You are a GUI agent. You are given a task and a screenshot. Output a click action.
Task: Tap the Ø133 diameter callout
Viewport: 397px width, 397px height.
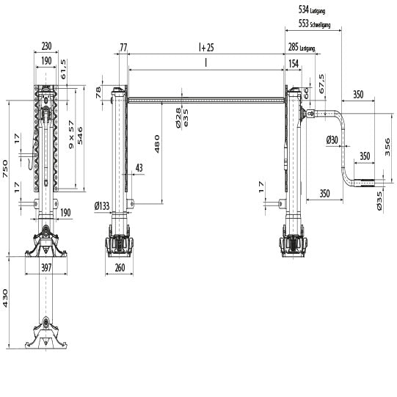103,207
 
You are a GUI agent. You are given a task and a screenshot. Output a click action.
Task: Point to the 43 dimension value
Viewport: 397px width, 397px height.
139,168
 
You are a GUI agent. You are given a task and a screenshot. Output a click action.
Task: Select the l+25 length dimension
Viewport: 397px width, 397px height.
206,47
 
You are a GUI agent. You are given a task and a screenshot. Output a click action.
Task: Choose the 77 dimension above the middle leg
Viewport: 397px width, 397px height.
123,47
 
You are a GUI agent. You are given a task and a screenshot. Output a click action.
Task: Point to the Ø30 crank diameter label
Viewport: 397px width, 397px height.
332,139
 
